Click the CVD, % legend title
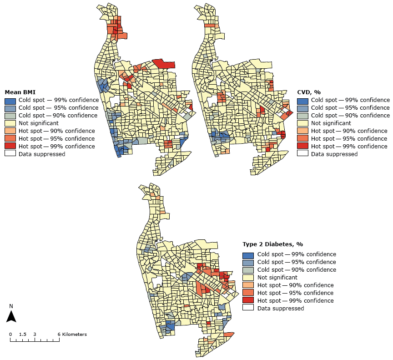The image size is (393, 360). [x=309, y=92]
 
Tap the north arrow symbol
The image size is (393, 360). [x=13, y=317]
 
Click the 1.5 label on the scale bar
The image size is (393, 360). [x=23, y=334]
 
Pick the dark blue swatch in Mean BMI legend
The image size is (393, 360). [x=10, y=100]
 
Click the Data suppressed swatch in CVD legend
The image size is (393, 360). [x=302, y=154]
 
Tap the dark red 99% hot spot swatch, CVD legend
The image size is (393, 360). [x=302, y=146]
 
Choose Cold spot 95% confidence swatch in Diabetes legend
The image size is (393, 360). [x=248, y=262]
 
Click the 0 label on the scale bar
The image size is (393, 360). [x=10, y=334]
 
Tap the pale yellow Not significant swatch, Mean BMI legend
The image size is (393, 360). [x=10, y=123]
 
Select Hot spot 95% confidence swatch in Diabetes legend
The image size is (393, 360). [x=248, y=293]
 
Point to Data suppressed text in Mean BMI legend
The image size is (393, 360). [x=42, y=154]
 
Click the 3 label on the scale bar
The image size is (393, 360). [x=35, y=334]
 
